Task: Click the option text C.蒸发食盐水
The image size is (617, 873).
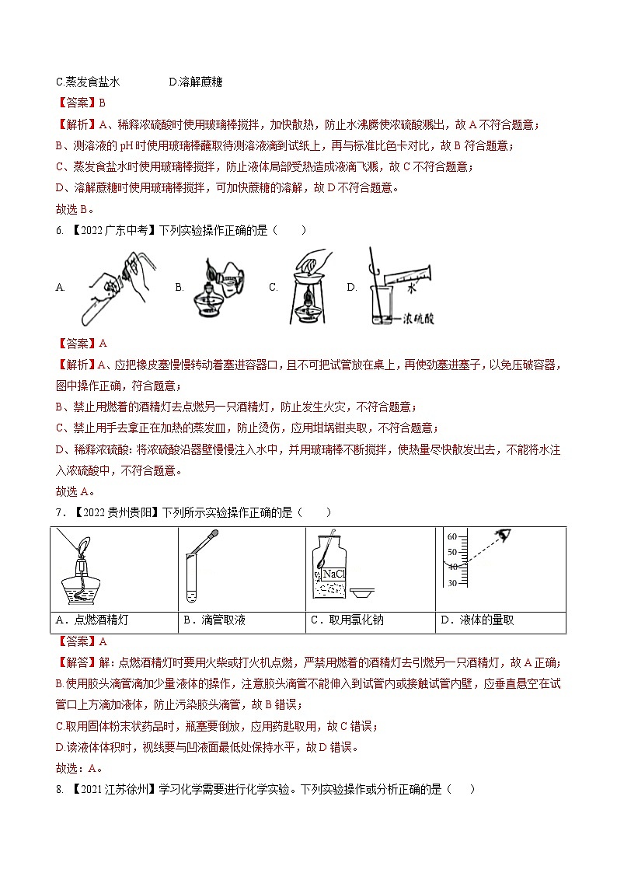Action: click(89, 82)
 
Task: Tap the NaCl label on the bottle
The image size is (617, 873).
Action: click(333, 573)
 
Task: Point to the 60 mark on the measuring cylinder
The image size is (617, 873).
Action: click(451, 536)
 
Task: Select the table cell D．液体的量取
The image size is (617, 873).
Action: click(477, 620)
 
